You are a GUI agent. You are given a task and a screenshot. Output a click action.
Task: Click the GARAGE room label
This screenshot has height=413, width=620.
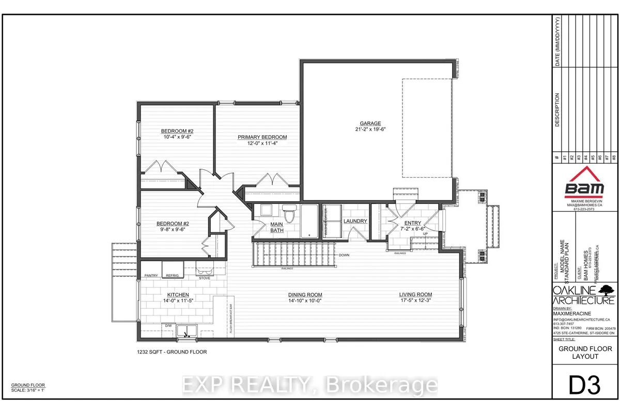pyautogui.click(x=370, y=123)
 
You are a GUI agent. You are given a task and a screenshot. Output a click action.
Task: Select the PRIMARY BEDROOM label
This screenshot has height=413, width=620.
pyautogui.click(x=262, y=137)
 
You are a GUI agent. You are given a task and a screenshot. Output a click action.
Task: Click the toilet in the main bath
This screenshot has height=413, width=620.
pyautogui.click(x=289, y=213)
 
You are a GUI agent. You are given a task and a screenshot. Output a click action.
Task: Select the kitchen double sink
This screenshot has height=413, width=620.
pyautogui.click(x=187, y=330)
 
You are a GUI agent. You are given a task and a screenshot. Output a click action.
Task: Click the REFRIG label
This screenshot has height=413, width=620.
pyautogui.click(x=172, y=276)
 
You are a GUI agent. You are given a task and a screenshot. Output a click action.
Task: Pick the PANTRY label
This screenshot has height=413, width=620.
pyautogui.click(x=151, y=276)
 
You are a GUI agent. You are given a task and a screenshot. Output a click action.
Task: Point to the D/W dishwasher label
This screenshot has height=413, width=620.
pyautogui.click(x=168, y=325)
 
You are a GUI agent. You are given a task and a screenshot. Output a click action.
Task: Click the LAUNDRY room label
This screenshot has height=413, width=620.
pyautogui.click(x=355, y=221)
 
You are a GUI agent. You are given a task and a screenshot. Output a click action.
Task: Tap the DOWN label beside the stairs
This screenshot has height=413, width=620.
pyautogui.click(x=345, y=256)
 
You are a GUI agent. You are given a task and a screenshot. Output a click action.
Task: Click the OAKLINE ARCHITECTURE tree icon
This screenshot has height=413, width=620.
pyautogui.click(x=606, y=289)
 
